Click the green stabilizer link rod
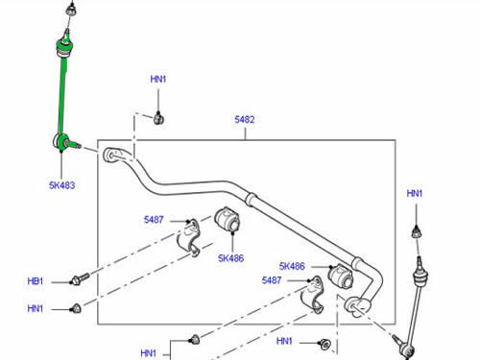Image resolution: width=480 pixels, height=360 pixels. pos(61,91)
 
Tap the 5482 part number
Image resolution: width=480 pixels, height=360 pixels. pos(245,121)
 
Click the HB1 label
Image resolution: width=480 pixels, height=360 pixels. pos(36,281)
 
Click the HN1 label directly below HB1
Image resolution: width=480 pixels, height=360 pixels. pos(36,308)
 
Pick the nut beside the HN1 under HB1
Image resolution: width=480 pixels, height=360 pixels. pos(77,308)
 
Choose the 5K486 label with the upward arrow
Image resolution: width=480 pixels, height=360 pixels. pos(231,257)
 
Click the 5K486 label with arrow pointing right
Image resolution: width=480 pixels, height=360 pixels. pos(292,266)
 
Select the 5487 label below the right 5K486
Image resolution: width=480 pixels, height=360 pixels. pos(273,280)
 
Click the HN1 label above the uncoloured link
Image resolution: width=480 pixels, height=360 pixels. pos(415,194)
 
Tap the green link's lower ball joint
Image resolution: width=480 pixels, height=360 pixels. pos(64,144)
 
